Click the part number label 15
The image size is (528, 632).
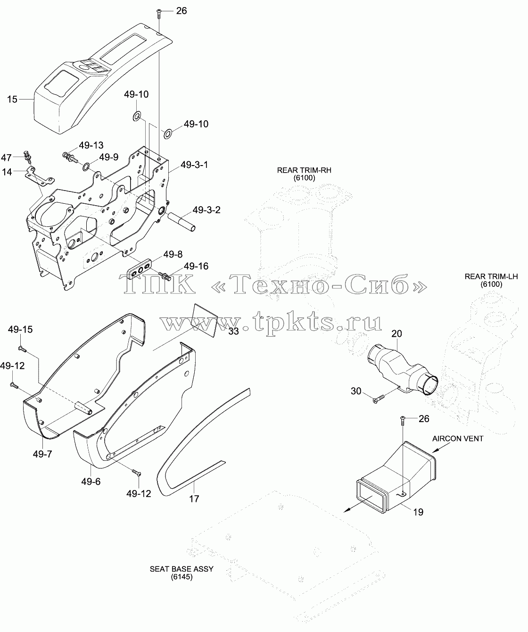pyautogui.click(x=12, y=99)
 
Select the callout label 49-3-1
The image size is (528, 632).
pyautogui.click(x=194, y=165)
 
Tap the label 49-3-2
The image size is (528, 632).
pyautogui.click(x=206, y=210)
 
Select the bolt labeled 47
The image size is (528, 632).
pyautogui.click(x=28, y=157)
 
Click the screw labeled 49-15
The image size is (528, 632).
pyautogui.click(x=22, y=349)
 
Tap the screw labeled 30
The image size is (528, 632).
pyautogui.click(x=379, y=399)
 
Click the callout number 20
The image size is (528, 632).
pyautogui.click(x=396, y=333)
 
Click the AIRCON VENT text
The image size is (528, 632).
pyautogui.click(x=457, y=439)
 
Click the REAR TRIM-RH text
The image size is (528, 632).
pyautogui.click(x=304, y=170)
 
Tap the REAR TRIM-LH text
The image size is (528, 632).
pyautogui.click(x=491, y=276)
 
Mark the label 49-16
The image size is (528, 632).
pyautogui.click(x=196, y=266)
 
